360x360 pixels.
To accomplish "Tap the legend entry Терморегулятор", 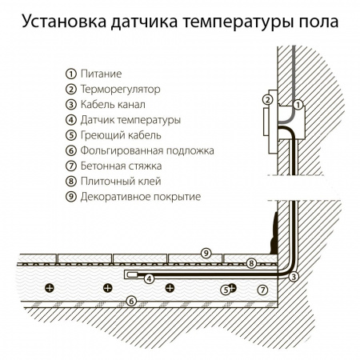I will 119,88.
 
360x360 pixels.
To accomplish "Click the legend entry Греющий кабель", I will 120,134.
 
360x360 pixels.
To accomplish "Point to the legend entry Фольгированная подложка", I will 143,150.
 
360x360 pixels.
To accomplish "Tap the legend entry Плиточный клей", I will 117,181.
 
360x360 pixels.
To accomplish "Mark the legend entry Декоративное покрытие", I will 139,196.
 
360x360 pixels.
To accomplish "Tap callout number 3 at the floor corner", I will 294,277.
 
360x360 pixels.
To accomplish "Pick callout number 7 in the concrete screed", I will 262,288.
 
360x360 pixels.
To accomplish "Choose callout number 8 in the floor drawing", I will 250,262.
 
